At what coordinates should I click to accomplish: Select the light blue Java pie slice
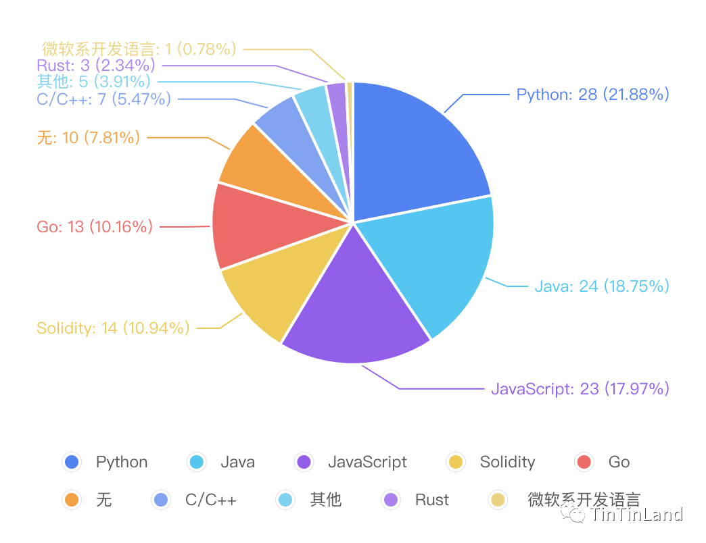432,261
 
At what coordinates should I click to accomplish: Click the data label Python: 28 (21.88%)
592,95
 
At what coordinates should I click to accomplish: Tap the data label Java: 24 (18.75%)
602,286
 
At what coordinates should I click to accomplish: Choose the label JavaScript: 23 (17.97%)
580,389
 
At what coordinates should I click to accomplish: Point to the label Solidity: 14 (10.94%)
113,328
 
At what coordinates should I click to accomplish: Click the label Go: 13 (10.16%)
95,227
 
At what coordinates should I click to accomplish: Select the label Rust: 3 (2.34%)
96,66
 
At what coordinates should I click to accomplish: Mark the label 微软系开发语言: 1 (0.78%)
139,49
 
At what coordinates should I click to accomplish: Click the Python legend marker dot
72,462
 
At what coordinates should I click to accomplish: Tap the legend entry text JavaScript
367,462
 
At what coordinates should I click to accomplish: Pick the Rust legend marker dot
391,499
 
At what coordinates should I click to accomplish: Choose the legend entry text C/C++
211,500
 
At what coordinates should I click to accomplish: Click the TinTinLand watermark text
636,515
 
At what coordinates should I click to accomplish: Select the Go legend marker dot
584,462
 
